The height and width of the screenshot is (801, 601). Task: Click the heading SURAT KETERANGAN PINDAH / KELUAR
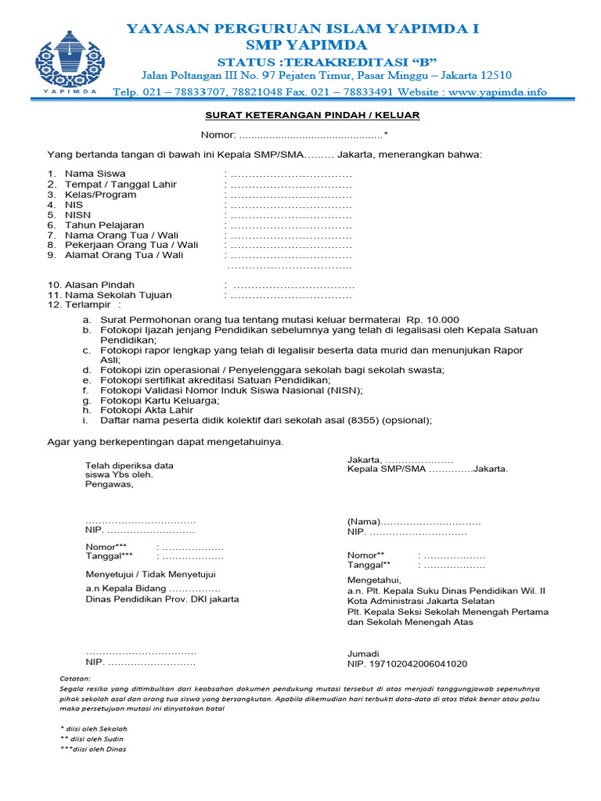pos(312,115)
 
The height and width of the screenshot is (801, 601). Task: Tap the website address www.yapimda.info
pos(498,92)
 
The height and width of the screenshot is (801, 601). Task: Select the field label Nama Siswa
pos(95,174)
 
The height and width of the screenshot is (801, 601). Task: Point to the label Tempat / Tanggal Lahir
pos(121,185)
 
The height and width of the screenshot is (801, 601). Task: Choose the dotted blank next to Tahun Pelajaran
pos(290,224)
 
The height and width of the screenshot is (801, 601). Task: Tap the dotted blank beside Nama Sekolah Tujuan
pos(290,296)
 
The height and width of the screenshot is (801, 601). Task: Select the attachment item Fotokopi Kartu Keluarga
pos(160,400)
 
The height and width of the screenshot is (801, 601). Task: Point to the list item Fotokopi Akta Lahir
pos(146,410)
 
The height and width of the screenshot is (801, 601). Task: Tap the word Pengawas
pos(109,483)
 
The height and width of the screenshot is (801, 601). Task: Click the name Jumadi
pos(363,653)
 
